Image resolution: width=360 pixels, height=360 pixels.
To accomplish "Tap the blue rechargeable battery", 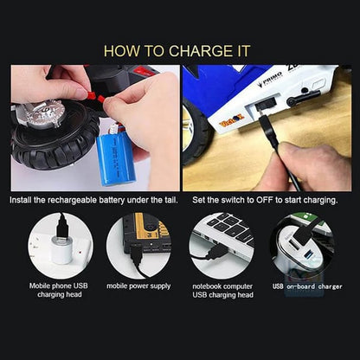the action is (x=115, y=157).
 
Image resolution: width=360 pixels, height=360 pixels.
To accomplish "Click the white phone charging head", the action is (x=61, y=250).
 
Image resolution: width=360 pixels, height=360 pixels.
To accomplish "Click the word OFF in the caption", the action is (x=265, y=200).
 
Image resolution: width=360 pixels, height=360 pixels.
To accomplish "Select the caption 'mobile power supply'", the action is (x=138, y=286).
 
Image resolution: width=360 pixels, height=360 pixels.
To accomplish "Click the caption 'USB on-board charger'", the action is (x=307, y=286).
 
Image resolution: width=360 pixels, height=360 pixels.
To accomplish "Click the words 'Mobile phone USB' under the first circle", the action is (x=59, y=286).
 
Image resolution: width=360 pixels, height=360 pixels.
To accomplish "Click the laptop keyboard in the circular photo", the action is (x=231, y=228).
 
